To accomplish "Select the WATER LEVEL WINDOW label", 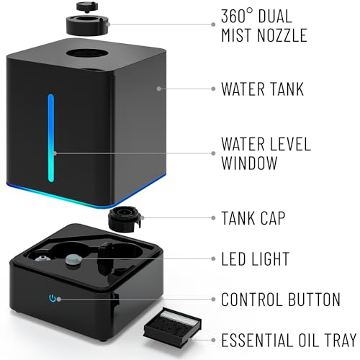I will point(265,153).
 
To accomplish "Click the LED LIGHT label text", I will point(256,258).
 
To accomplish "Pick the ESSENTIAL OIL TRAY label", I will point(288,338).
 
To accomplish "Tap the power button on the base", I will point(51,298).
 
